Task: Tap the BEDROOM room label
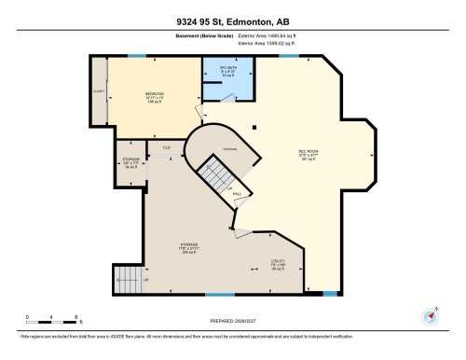[x=155, y=96]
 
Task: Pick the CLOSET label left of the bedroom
[x=98, y=91]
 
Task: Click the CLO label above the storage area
[x=167, y=147]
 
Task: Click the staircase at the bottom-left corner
[x=124, y=277]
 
